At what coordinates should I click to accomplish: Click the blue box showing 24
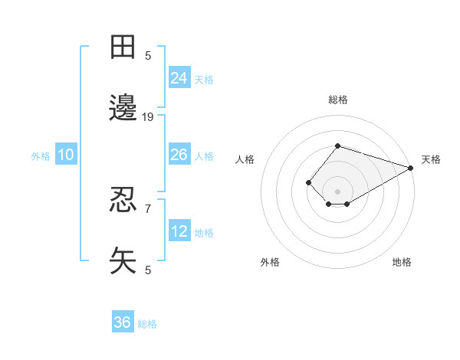[179, 77]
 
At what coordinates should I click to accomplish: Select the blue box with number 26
[179, 155]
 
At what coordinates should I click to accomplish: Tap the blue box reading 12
[179, 231]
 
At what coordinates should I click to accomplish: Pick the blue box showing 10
[66, 155]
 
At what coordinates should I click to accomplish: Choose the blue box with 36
[123, 322]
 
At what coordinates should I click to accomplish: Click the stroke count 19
[148, 117]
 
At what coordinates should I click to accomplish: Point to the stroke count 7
[148, 208]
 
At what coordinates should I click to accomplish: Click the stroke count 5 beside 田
[148, 55]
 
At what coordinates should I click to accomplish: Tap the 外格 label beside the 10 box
[41, 156]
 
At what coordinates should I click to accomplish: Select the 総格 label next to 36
[147, 324]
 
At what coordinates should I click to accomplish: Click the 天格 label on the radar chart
[431, 159]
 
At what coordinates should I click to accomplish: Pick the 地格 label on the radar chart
[402, 262]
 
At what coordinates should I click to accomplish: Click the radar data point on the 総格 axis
[337, 146]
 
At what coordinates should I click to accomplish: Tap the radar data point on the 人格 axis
[308, 182]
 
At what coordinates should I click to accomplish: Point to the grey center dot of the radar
[337, 191]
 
